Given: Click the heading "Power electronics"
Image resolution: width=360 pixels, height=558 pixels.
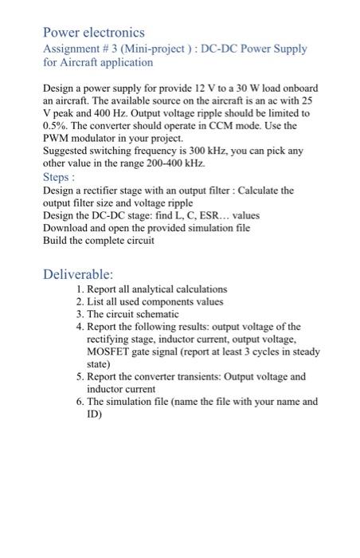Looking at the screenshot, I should [93, 33].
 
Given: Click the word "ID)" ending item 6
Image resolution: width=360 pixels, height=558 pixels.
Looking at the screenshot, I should [94, 415].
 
